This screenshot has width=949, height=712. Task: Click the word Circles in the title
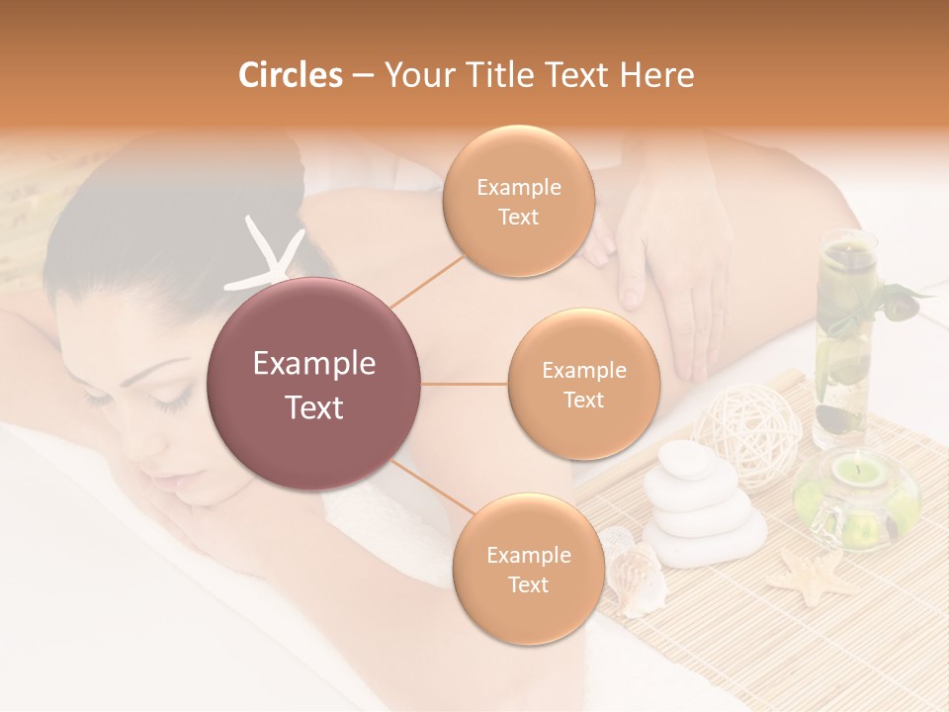tap(290, 75)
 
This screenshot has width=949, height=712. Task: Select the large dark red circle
tap(314, 384)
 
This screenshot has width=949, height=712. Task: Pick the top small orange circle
tap(518, 202)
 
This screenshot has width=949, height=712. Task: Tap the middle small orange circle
tap(583, 384)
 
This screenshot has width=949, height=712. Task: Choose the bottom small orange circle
tap(528, 569)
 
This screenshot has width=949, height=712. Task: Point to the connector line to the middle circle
tap(465, 384)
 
